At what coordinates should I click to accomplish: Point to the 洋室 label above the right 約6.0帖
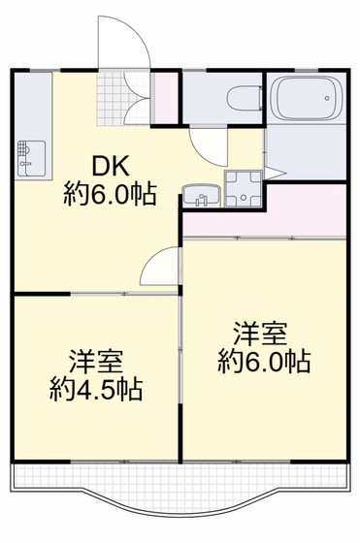pos(259,335)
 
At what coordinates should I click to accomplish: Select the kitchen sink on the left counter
pos(30,156)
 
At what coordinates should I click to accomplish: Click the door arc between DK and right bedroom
pos(160,267)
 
